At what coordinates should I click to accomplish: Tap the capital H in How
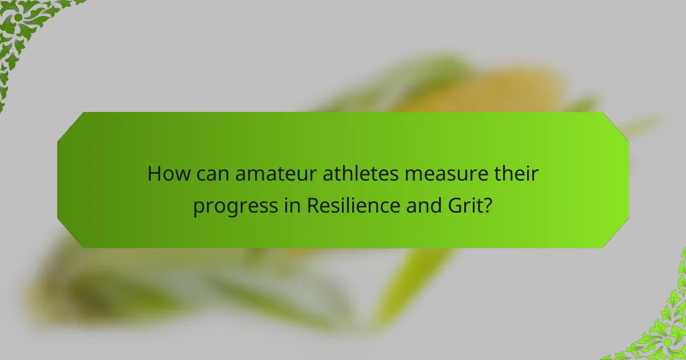coord(153,173)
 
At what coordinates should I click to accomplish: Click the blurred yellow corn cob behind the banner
coord(486,91)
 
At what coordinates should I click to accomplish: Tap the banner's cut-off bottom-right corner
coord(616,235)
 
